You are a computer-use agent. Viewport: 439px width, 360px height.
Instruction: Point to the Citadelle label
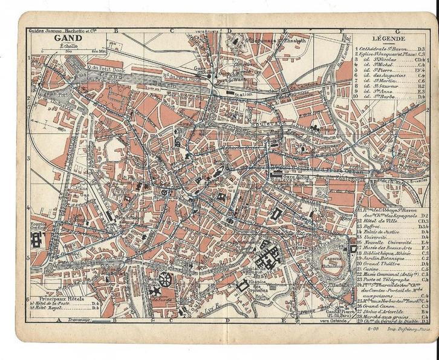pyautogui.click(x=334, y=284)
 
